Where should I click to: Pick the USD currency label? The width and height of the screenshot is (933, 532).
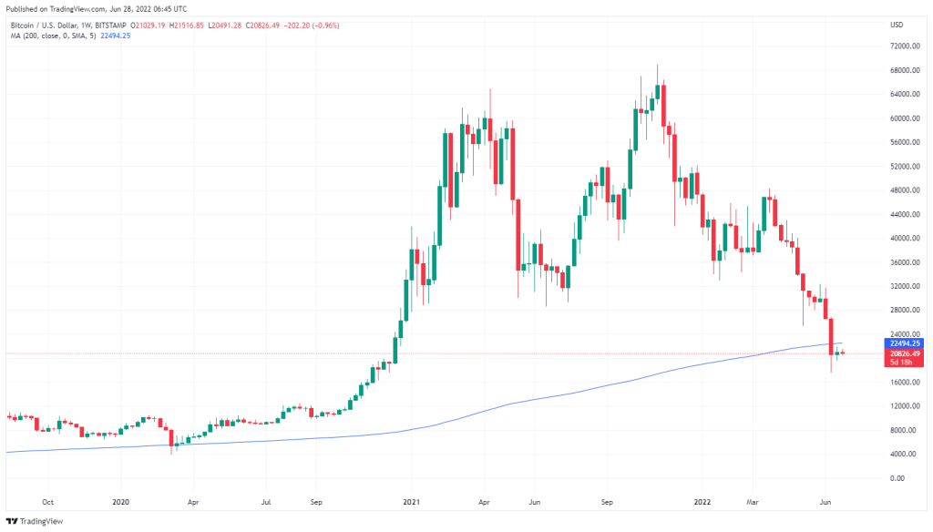[896, 24]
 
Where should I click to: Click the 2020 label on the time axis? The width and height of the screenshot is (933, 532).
[119, 501]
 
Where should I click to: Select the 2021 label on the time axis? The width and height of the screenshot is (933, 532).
[411, 501]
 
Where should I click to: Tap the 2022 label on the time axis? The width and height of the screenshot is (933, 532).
[702, 501]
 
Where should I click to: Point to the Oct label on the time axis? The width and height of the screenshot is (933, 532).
[48, 501]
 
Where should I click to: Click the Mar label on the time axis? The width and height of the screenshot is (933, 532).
[753, 501]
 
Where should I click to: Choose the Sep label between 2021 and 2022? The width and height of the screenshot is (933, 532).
[608, 501]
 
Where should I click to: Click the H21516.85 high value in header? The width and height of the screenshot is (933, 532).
[195, 25]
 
